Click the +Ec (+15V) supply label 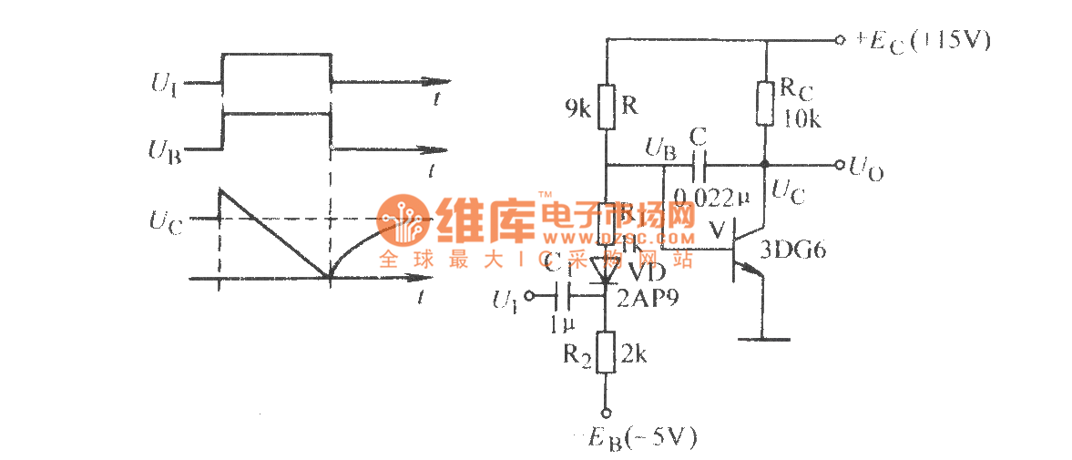(x=921, y=41)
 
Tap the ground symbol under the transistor (x=762, y=339)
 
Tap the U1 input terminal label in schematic (x=504, y=298)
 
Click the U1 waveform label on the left (x=165, y=87)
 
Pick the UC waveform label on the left (x=167, y=221)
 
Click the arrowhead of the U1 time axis (x=442, y=84)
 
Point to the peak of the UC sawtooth (x=221, y=189)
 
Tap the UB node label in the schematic (x=659, y=148)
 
